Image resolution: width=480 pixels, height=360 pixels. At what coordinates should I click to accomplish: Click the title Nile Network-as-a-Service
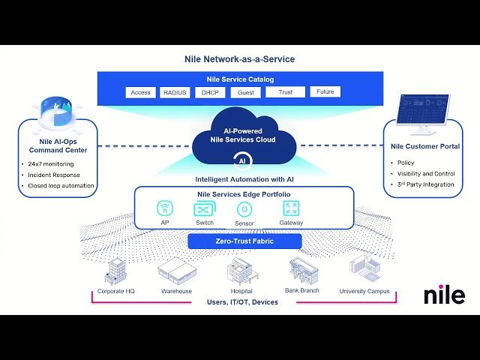point(239,59)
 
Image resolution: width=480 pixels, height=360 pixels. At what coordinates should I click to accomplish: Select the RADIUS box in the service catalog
point(176,93)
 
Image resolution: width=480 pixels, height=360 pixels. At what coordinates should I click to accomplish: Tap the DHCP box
point(209,93)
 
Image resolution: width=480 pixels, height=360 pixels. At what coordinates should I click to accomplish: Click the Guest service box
point(245,93)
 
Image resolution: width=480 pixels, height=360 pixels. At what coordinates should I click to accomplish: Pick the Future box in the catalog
point(325,92)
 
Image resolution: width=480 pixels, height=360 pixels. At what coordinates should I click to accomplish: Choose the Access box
point(140,93)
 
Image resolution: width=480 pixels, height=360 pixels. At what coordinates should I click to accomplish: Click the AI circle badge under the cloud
point(241,160)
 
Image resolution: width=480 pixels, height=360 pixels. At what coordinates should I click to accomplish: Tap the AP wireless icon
point(165,209)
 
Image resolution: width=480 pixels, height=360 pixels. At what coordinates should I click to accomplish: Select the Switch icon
point(205,209)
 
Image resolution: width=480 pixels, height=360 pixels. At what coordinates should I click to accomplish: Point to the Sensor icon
point(244,209)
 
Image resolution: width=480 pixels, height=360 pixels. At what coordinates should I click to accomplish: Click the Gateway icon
point(291,208)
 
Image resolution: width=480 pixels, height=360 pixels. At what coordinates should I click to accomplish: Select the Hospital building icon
point(240,273)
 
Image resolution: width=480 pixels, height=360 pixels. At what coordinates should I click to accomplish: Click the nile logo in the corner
point(444,295)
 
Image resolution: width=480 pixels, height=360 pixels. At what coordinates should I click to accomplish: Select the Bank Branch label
point(302,290)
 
